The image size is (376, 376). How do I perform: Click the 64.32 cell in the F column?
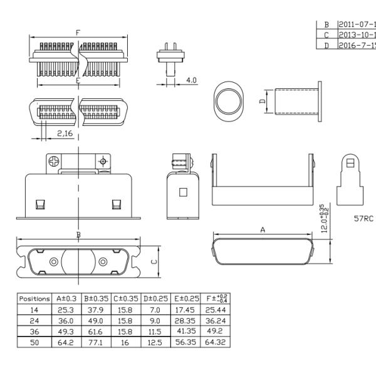click(214, 342)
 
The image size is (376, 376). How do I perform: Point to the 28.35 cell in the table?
click(185, 320)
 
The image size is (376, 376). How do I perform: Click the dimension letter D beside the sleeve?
click(263, 99)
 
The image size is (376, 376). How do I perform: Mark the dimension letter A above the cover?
click(263, 230)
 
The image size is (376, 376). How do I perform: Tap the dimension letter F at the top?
click(77, 33)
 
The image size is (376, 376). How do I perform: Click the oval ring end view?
click(227, 100)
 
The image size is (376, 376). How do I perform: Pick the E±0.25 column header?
click(185, 299)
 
